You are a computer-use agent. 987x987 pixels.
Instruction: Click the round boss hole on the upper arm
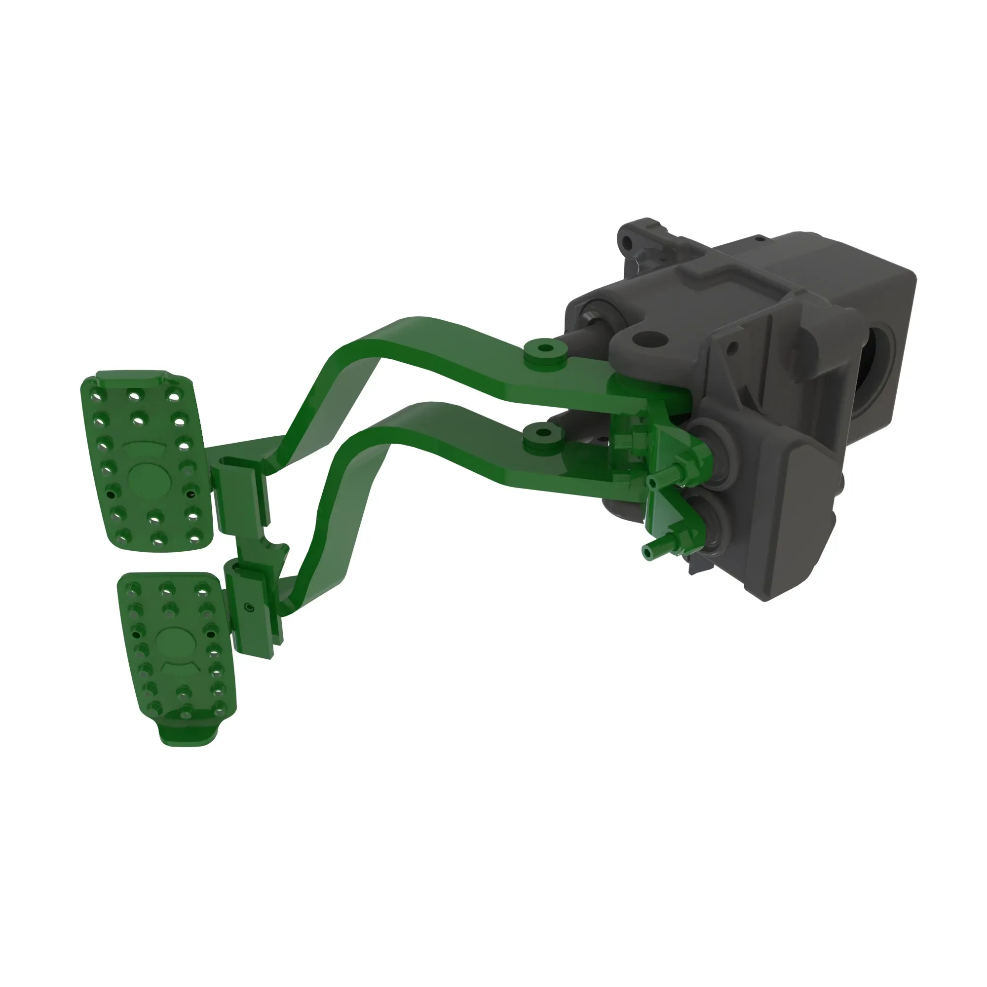(x=546, y=348)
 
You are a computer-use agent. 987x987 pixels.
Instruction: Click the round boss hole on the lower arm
(x=545, y=436)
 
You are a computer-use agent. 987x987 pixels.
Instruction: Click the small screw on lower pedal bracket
(x=249, y=607)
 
